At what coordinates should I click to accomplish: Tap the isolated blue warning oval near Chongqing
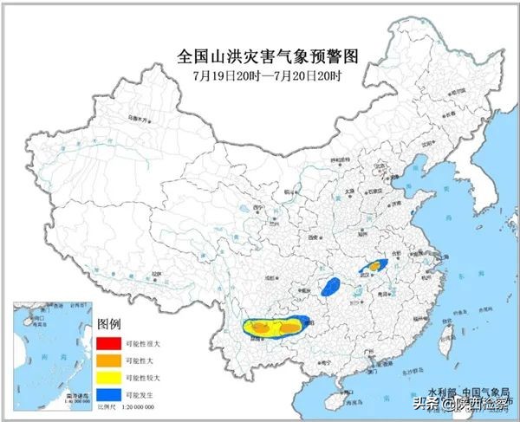pyautogui.click(x=330, y=286)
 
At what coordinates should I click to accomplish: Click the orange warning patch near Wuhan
pyautogui.click(x=375, y=264)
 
